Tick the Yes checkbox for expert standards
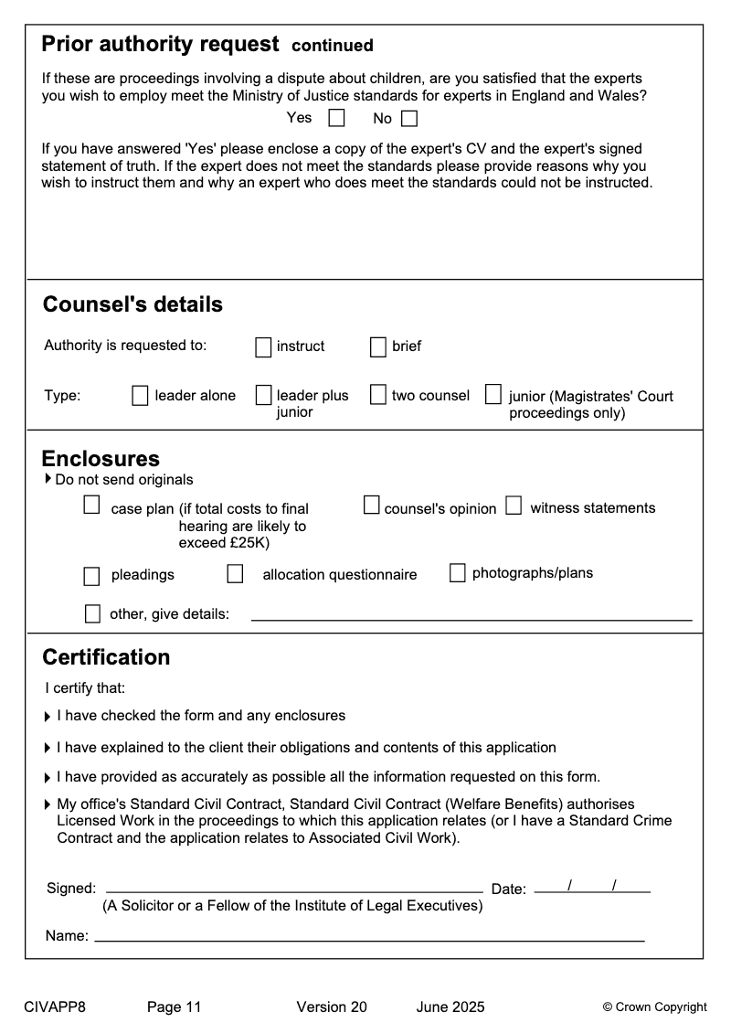pyautogui.click(x=337, y=118)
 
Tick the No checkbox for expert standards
pyautogui.click(x=409, y=118)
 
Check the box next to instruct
pyautogui.click(x=263, y=347)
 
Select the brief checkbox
pyautogui.click(x=378, y=347)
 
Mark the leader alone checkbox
pyautogui.click(x=140, y=396)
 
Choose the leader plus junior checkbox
pyautogui.click(x=263, y=396)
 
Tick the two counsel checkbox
pyautogui.click(x=378, y=395)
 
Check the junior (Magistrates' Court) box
pyautogui.click(x=493, y=395)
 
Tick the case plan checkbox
pyautogui.click(x=91, y=506)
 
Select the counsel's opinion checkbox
pyautogui.click(x=372, y=506)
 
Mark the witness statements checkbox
pyautogui.click(x=514, y=506)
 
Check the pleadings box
pyautogui.click(x=91, y=576)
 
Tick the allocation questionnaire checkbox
pyautogui.click(x=236, y=574)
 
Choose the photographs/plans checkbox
pyautogui.click(x=458, y=573)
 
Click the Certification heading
pyautogui.click(x=106, y=657)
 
